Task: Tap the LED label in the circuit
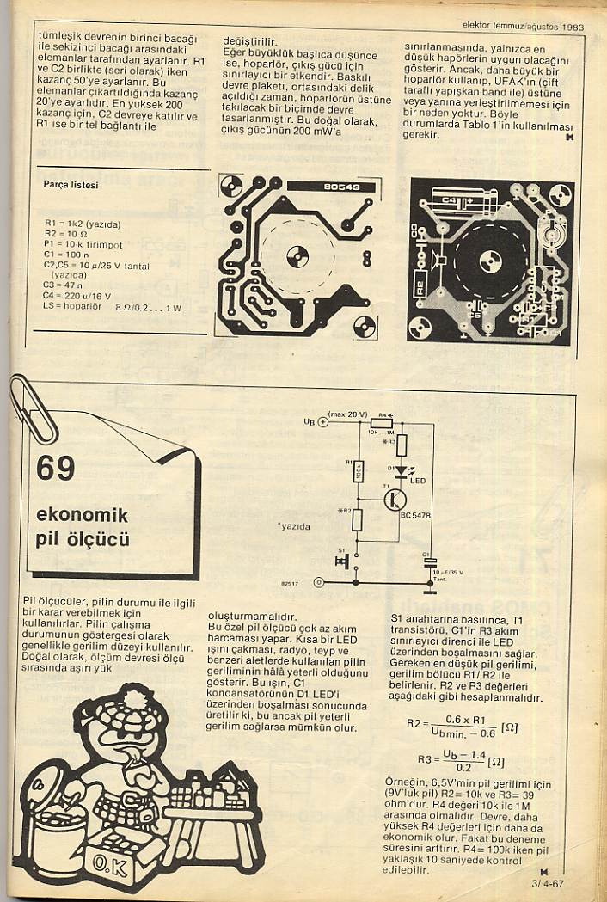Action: tap(419, 479)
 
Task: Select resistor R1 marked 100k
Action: tap(359, 470)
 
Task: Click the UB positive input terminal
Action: tap(323, 421)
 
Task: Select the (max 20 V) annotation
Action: tap(348, 414)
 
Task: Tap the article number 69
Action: tap(56, 468)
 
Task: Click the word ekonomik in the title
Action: tap(82, 515)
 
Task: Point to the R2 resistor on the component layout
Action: tap(420, 285)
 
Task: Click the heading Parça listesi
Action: tap(71, 184)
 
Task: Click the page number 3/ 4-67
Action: tap(547, 883)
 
